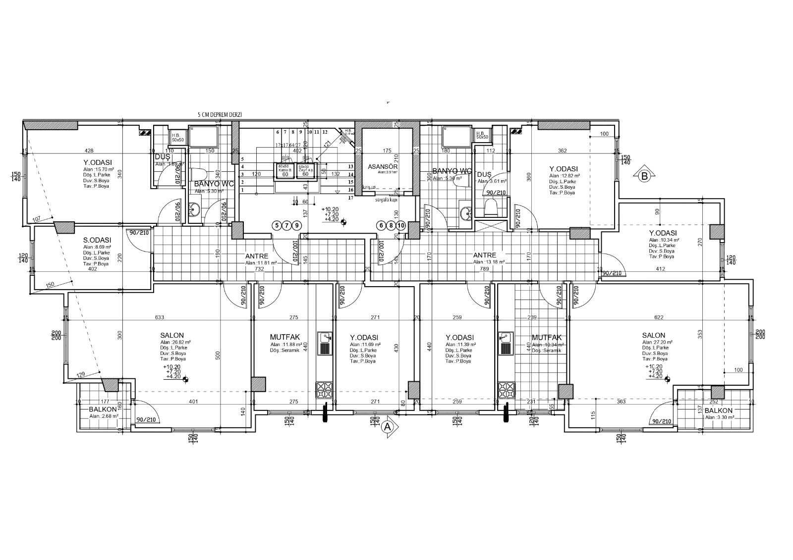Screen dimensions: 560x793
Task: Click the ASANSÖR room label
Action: pos(383,167)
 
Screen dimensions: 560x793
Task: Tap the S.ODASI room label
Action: pos(97,240)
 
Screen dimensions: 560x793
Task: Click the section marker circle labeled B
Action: pos(644,175)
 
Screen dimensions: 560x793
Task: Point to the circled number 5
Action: pos(277,225)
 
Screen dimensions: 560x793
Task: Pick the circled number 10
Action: pos(401,225)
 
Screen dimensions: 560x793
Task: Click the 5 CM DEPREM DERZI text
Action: pos(220,114)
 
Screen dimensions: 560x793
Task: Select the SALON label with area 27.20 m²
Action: pos(654,335)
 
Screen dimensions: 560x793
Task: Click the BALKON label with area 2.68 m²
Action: pos(103,409)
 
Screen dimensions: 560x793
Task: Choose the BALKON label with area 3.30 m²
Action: pos(718,410)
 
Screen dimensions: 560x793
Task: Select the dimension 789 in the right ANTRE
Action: pos(484,269)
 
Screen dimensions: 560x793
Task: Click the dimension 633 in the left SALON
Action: pos(159,317)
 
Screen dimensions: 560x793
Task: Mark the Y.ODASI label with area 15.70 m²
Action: pos(98,162)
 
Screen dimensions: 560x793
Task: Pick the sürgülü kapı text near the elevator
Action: pos(387,201)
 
